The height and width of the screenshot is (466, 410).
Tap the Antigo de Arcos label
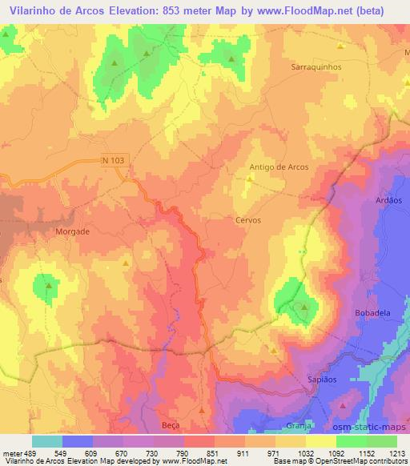coord(279,167)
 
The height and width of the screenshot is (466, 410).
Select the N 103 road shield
coord(114,160)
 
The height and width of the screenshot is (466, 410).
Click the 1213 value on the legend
coord(396,454)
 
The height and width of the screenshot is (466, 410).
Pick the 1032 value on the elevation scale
coord(303,454)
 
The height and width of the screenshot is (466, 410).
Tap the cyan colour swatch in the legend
coord(47,441)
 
